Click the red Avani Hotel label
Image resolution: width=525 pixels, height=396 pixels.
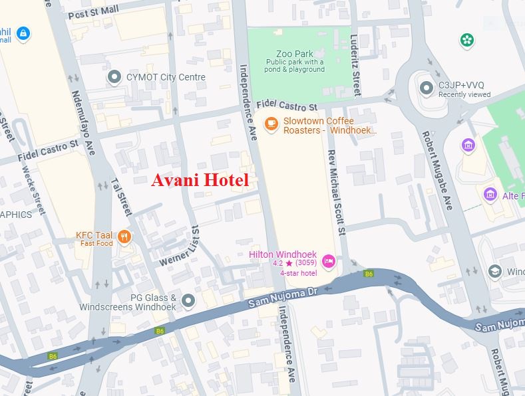(x=200, y=180)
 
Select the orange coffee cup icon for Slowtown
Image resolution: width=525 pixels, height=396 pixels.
(x=271, y=123)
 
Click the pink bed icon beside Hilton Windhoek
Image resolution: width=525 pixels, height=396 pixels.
(x=327, y=260)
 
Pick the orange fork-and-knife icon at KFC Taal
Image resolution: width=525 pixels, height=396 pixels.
(x=124, y=237)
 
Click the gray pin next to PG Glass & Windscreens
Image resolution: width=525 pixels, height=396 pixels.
(x=189, y=301)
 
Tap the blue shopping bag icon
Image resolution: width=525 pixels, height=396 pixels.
(x=23, y=33)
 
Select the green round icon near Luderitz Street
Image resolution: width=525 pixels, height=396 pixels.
(x=467, y=41)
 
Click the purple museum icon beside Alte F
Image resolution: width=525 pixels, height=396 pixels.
(x=491, y=195)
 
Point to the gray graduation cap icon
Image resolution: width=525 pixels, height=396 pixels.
(x=494, y=271)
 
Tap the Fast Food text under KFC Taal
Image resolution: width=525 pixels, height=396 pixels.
(x=97, y=243)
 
